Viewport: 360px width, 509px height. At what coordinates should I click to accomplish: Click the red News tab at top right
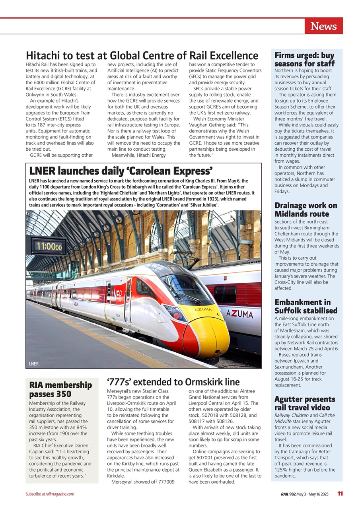(x=323, y=26)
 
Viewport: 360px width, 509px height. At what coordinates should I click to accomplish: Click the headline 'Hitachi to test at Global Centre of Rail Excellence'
(x=142, y=55)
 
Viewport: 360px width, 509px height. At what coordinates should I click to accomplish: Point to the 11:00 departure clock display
(x=48, y=246)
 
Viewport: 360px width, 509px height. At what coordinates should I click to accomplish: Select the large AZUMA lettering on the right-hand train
(x=239, y=315)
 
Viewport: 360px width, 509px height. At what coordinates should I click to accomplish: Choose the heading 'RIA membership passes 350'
(x=60, y=389)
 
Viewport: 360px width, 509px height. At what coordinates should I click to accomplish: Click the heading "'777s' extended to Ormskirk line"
(x=173, y=382)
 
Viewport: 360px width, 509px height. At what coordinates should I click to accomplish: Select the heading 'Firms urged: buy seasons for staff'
(x=304, y=59)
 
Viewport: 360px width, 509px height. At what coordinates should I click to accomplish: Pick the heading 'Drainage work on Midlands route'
(x=306, y=210)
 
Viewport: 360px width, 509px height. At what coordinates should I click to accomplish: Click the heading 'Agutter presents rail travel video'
(x=305, y=403)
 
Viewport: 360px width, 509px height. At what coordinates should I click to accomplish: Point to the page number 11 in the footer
(x=340, y=494)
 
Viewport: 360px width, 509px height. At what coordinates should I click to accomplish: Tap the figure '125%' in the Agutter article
(x=281, y=470)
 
